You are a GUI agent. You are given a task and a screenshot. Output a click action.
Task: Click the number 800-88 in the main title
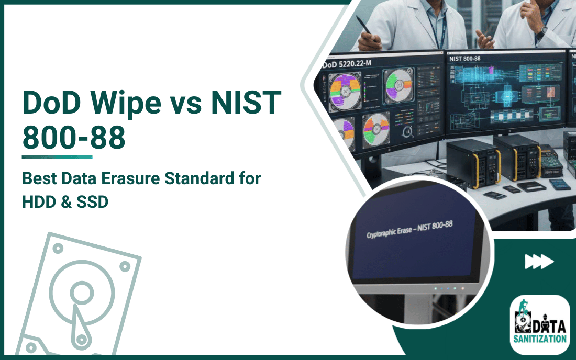pyautogui.click(x=74, y=137)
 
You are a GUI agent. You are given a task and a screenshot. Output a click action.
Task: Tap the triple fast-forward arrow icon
pyautogui.click(x=539, y=262)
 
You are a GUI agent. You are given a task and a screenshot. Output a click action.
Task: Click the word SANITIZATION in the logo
pyautogui.click(x=539, y=339)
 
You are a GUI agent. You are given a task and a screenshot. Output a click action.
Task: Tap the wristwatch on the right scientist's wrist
pyautogui.click(x=541, y=31)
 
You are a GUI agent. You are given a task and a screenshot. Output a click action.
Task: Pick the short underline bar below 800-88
pyautogui.click(x=57, y=156)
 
